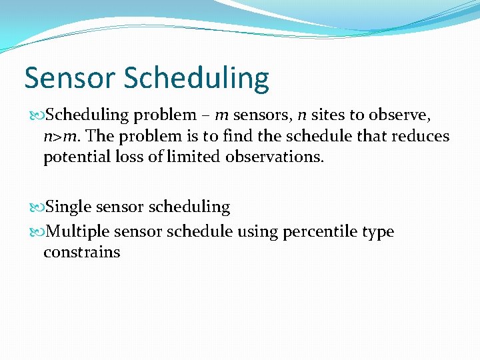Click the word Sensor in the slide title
tap(71, 78)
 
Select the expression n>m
tap(62, 137)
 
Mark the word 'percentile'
tap(319, 232)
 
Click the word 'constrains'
tap(81, 252)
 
